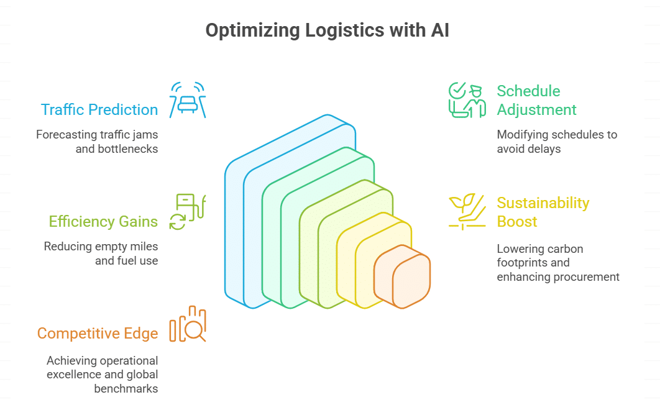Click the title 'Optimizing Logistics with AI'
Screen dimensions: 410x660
pos(328,31)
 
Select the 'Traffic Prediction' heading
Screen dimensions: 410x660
pos(99,110)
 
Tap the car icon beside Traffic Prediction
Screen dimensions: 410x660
pos(188,100)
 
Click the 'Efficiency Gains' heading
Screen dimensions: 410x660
pos(103,222)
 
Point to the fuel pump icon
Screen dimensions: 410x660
pos(188,211)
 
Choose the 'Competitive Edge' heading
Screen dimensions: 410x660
pos(98,334)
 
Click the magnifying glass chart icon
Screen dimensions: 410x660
pos(188,324)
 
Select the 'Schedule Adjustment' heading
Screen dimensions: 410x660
pos(536,101)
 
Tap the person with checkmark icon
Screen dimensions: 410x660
pos(467,99)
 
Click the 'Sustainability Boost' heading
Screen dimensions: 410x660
pos(543,212)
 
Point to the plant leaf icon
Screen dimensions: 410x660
pos(467,211)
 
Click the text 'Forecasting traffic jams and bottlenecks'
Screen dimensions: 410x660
pos(97,141)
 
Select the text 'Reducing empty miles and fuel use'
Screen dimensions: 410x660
pos(101,253)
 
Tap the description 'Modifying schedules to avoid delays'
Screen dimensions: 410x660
pos(557,142)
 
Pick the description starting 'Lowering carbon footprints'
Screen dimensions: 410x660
pos(557,263)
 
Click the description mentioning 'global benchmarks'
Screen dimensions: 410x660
pos(102,375)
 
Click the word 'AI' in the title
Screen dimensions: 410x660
pos(441,31)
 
